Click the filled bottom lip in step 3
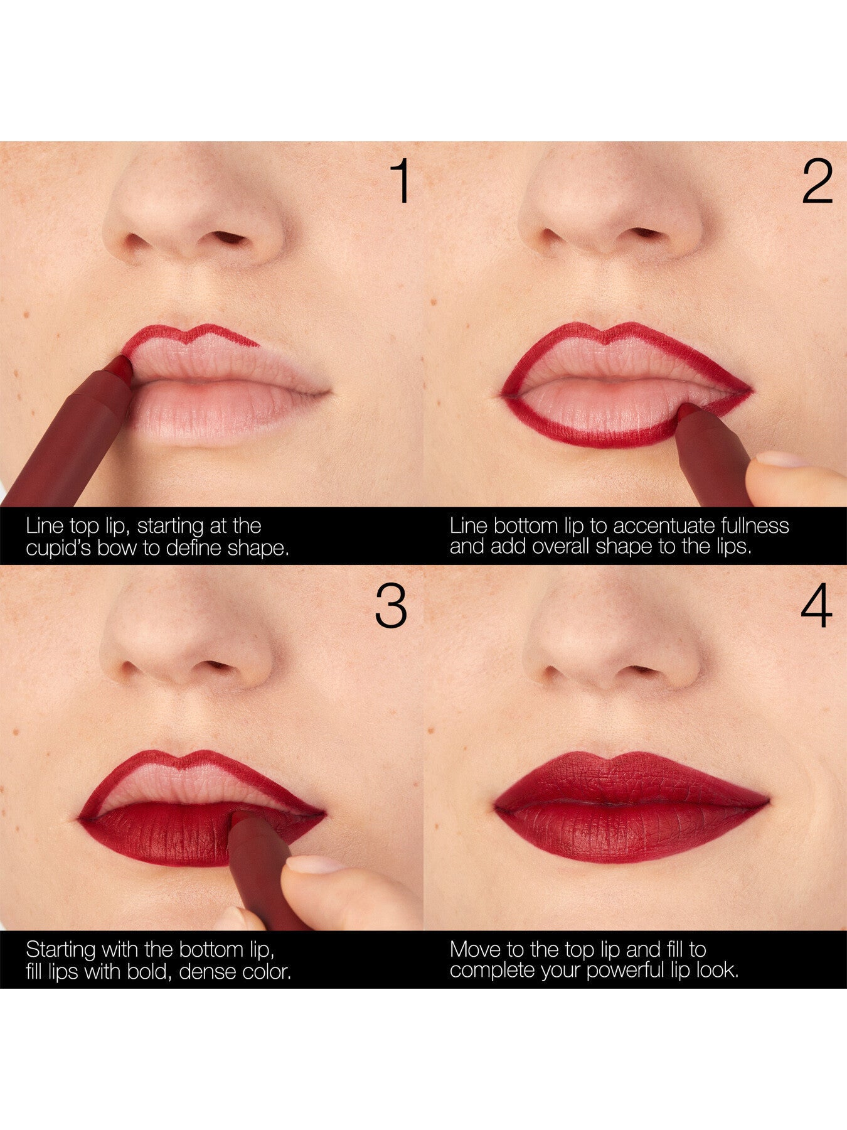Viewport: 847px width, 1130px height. [x=169, y=838]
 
